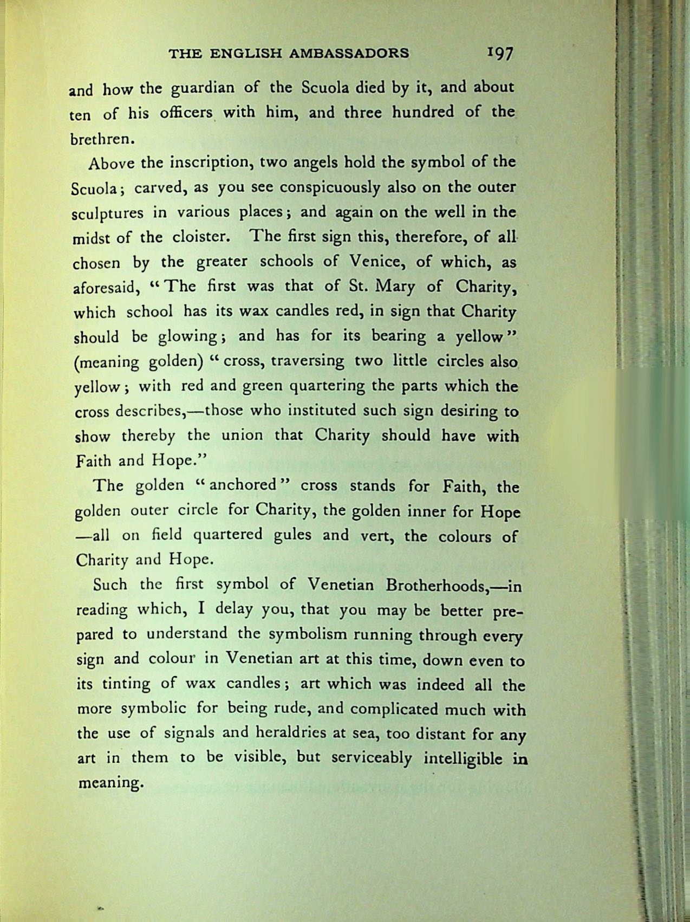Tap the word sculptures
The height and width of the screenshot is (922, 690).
tap(107, 213)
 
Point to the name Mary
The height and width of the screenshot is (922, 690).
tap(396, 286)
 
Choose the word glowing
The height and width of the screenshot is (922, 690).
tap(187, 337)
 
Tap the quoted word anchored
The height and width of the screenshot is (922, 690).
tap(243, 485)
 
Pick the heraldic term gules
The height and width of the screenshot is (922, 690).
tap(291, 535)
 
